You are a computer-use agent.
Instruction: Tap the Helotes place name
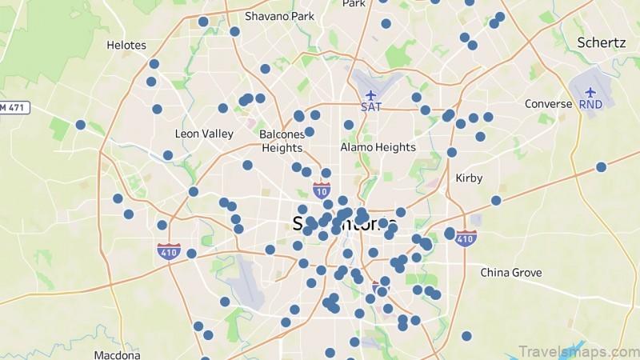click(127, 45)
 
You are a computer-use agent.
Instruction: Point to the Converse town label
click(549, 104)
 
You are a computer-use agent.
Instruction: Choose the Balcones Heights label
click(282, 141)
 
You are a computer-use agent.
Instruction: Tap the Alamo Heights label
click(378, 147)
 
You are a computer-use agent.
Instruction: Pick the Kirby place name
click(469, 178)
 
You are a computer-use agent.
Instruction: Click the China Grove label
click(511, 273)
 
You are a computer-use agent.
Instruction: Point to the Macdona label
click(117, 354)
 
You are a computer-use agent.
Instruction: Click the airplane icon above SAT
click(370, 93)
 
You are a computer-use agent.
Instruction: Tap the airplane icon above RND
click(591, 92)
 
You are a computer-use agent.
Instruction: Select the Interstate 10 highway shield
click(322, 190)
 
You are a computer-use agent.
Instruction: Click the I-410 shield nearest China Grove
click(466, 238)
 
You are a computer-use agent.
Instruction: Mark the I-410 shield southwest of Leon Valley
click(169, 251)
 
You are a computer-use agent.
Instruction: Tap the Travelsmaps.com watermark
click(578, 351)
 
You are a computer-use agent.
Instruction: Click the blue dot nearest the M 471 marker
click(80, 125)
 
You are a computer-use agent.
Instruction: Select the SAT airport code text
click(370, 106)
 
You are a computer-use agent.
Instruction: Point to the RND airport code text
click(591, 105)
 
